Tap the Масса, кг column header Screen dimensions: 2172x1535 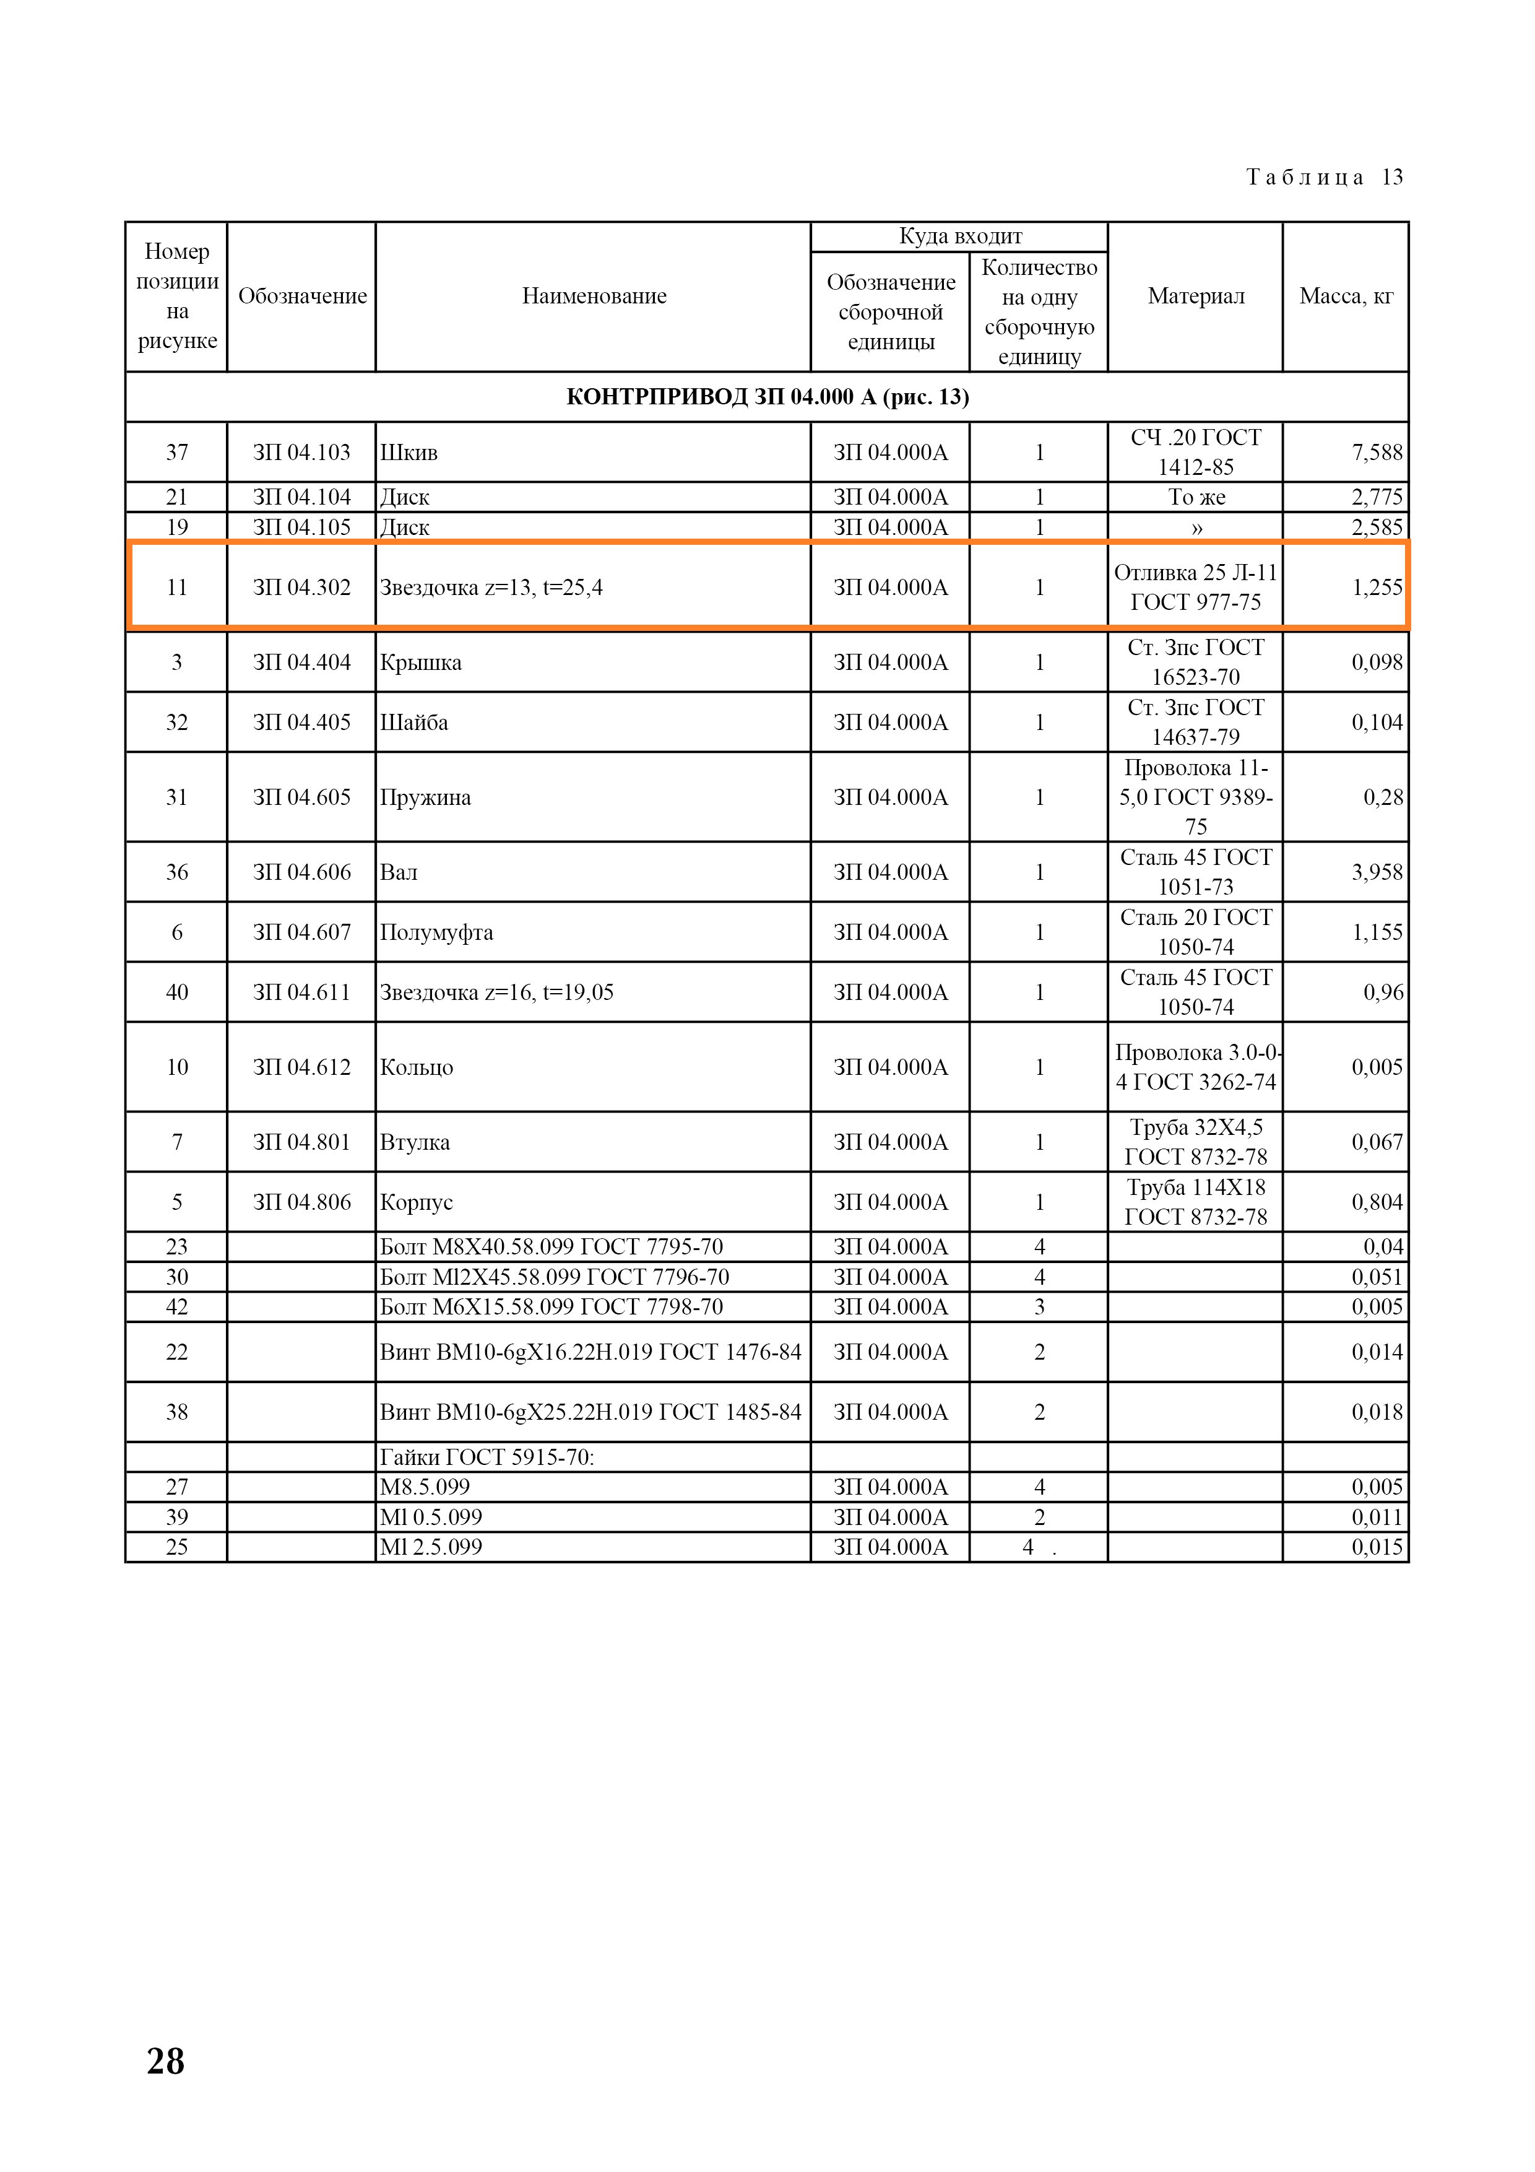[x=1346, y=296]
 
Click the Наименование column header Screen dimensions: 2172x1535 [x=594, y=296]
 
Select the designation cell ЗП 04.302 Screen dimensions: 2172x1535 [x=301, y=588]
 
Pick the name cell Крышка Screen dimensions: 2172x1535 [x=421, y=662]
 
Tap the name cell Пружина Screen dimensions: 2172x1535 [x=426, y=797]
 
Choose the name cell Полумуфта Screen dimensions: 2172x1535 [x=437, y=932]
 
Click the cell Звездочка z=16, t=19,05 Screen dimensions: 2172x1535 [x=496, y=993]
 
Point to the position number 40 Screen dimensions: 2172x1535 [x=177, y=993]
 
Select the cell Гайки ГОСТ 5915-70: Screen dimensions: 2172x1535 [x=487, y=1457]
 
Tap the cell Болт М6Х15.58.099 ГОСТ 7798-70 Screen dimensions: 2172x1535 [x=551, y=1308]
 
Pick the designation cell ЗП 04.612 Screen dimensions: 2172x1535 [x=301, y=1067]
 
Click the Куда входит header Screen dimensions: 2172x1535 [x=960, y=237]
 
